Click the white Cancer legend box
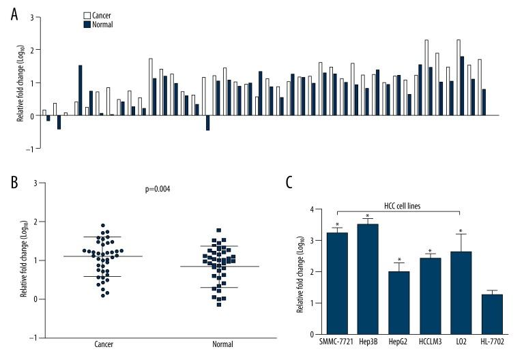pos(87,14)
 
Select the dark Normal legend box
pos(87,24)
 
